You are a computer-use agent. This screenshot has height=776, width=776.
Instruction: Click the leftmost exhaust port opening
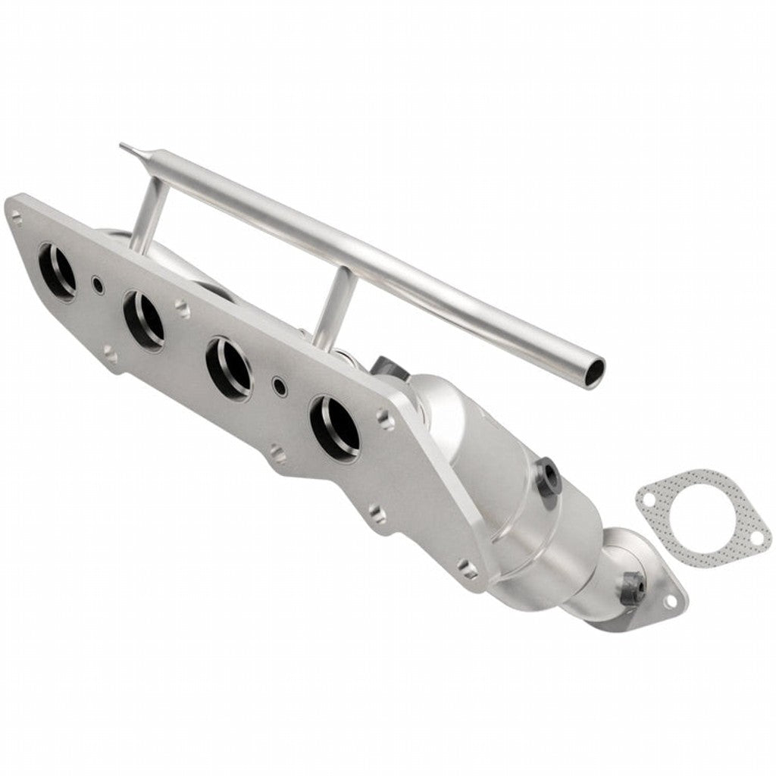pos(57,272)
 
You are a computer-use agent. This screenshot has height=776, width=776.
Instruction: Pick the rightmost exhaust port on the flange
pos(335,426)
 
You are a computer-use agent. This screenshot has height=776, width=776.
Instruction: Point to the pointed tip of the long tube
pos(123,145)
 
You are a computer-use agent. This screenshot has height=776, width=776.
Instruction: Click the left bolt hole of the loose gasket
pos(646,498)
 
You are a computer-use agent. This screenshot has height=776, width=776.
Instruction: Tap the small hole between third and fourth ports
pos(279,386)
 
